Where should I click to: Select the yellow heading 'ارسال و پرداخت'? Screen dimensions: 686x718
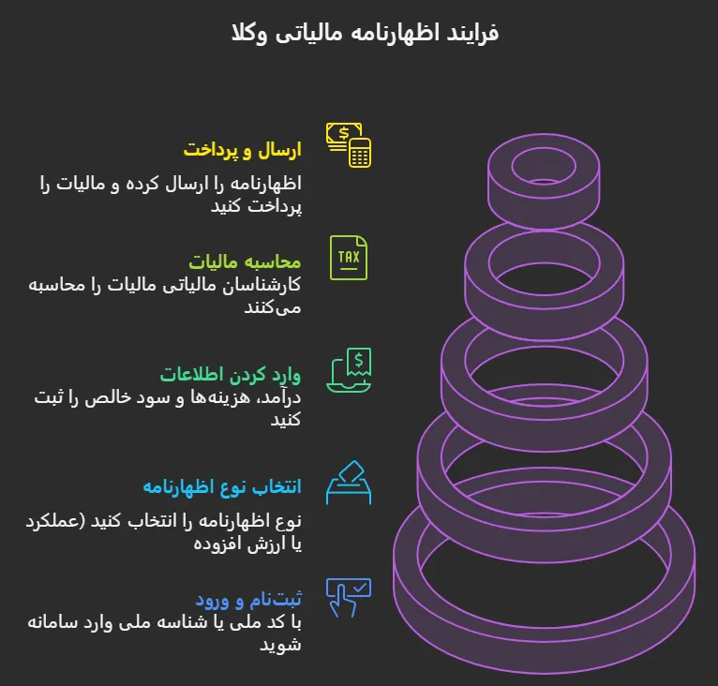click(x=243, y=150)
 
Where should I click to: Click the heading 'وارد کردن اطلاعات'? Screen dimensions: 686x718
click(x=231, y=374)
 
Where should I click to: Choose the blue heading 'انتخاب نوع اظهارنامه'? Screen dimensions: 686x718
click(x=222, y=486)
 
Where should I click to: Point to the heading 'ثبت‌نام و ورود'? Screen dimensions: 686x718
click(x=247, y=599)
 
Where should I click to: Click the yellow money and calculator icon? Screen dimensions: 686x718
click(x=349, y=144)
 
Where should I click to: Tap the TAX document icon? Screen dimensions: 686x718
click(x=349, y=258)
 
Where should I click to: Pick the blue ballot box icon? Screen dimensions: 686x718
click(x=349, y=484)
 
